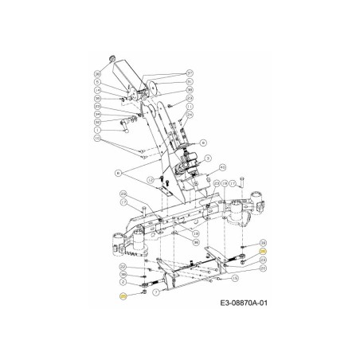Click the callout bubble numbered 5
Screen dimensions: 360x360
[97, 82]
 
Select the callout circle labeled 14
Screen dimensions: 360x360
[97, 90]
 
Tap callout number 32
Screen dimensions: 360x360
[97, 122]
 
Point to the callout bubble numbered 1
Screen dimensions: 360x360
[97, 130]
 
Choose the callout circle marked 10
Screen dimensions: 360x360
[97, 139]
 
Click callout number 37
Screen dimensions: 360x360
[190, 73]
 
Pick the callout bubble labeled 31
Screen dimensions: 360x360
[190, 81]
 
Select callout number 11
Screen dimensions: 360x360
[190, 106]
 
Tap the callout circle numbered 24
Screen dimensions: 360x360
[190, 115]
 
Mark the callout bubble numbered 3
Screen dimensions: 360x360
[207, 158]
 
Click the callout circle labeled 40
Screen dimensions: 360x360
[222, 167]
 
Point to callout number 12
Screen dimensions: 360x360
[151, 179]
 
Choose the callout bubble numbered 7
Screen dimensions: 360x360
[155, 292]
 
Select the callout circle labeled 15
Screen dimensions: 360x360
[235, 278]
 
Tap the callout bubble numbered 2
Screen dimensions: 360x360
[123, 282]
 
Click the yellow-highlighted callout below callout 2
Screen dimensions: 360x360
[123, 295]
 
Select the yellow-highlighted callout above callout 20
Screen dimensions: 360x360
[263, 251]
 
